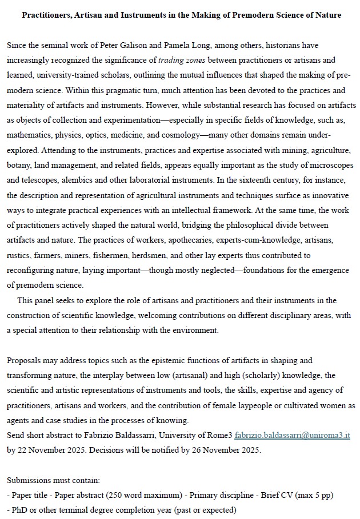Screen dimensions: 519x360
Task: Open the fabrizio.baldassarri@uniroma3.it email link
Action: (292, 435)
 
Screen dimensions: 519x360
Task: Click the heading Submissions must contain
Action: (50, 480)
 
